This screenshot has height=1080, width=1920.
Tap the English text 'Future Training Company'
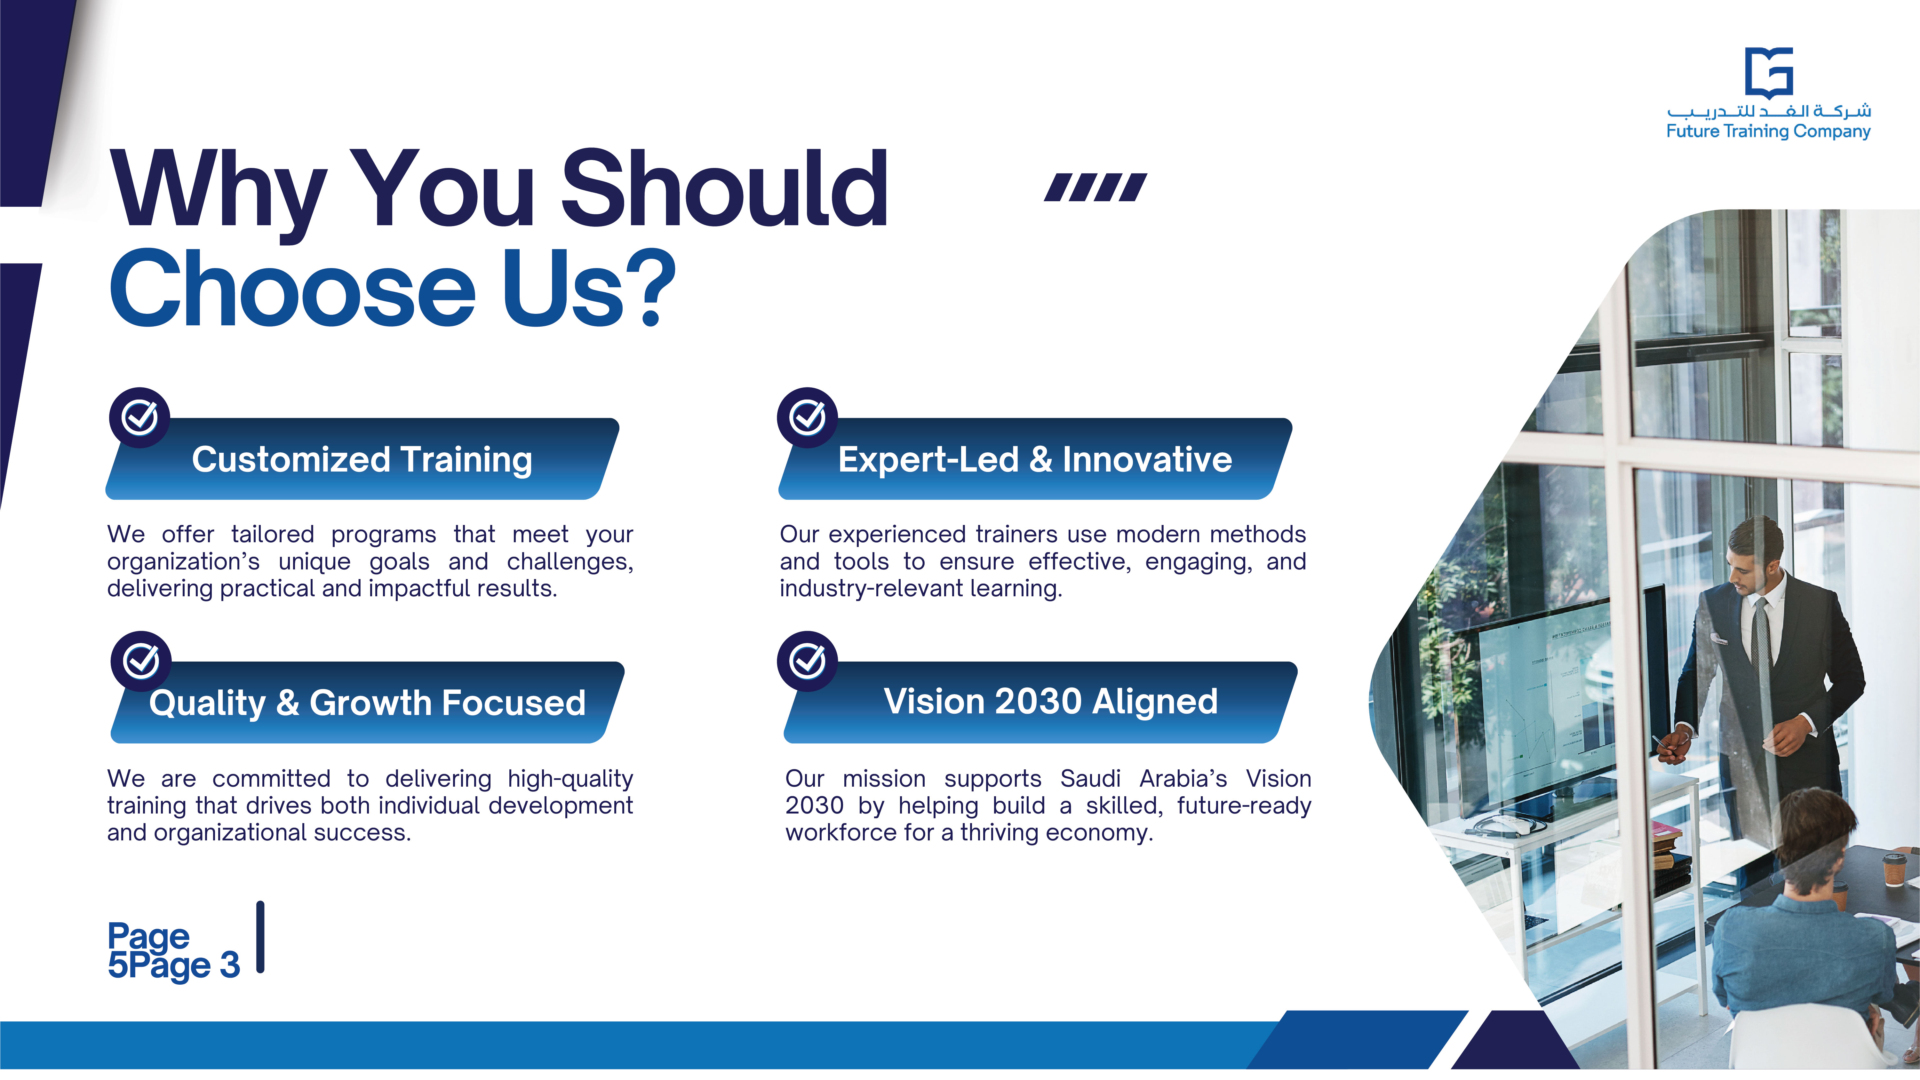(1768, 132)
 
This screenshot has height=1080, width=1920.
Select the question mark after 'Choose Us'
(657, 289)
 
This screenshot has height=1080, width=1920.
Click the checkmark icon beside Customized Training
(140, 417)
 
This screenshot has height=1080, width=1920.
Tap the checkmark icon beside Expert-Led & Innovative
(807, 417)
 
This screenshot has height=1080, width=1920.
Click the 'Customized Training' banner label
(362, 459)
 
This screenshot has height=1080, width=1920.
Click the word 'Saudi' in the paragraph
(1090, 779)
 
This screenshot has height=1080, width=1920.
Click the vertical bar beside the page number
(260, 937)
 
